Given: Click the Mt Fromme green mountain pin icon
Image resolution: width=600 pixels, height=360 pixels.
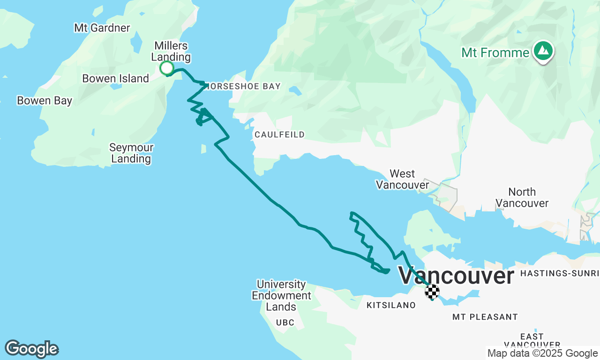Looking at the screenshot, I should tap(543, 51).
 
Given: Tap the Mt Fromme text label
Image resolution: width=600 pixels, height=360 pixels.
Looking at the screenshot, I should tap(495, 52).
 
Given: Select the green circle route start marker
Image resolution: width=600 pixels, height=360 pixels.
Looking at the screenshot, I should tap(166, 68).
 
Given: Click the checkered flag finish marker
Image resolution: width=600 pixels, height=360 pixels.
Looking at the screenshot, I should tap(432, 291).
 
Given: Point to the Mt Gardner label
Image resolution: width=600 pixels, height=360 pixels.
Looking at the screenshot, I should tap(102, 28).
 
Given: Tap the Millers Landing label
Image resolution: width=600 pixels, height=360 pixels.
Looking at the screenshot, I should tap(171, 52).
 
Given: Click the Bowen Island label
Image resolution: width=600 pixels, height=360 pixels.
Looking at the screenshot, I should tap(115, 79).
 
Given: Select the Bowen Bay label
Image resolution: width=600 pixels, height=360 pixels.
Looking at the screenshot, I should tap(45, 101).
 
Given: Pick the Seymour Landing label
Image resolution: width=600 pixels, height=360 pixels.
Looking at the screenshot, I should tap(131, 153).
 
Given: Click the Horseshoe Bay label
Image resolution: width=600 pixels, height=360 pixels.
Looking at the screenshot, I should tap(243, 86).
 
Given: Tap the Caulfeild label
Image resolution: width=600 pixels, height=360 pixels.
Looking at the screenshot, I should tap(279, 135).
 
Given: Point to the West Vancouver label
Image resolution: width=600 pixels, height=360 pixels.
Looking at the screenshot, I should tap(402, 180).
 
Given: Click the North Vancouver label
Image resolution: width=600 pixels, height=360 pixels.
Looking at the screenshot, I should tap(522, 198).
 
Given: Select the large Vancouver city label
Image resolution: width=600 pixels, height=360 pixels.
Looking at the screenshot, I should tap(456, 276).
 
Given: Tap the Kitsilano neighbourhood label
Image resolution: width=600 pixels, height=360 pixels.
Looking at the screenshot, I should tap(390, 306).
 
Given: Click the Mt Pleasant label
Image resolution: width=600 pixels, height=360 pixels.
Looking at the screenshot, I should tap(485, 317).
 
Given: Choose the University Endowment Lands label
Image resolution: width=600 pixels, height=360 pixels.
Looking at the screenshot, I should tap(281, 296).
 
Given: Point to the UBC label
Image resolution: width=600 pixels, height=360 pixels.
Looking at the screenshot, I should tap(285, 323).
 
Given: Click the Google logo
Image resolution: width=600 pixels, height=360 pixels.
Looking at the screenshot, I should tap(31, 349).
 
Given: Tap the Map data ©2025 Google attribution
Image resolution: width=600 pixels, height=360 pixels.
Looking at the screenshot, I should tap(542, 353).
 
